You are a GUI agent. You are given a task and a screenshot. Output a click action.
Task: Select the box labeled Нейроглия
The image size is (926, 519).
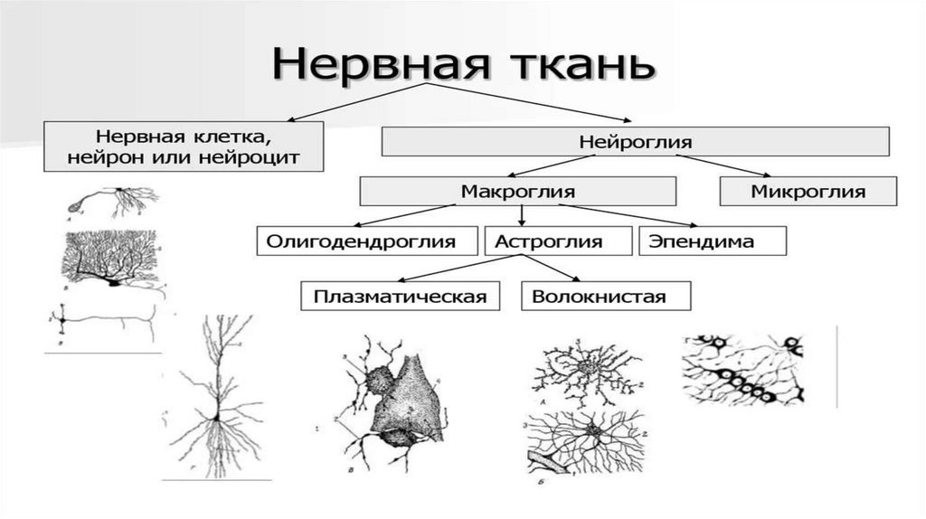pyautogui.click(x=635, y=142)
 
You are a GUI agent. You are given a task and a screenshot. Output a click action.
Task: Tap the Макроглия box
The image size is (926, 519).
pyautogui.click(x=518, y=191)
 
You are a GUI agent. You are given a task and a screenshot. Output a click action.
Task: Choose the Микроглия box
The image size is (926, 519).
pyautogui.click(x=808, y=191)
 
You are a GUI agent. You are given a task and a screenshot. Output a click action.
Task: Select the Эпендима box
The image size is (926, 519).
pyautogui.click(x=712, y=241)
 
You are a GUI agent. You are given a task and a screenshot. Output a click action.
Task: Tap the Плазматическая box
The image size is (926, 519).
pyautogui.click(x=401, y=296)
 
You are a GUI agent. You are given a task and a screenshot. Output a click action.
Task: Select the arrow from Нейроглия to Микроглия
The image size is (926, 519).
pyautogui.click(x=732, y=165)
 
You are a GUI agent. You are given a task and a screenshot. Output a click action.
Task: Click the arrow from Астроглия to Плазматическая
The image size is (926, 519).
pyautogui.click(x=452, y=269)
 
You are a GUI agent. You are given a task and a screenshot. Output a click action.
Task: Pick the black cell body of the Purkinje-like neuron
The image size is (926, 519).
pyautogui.click(x=113, y=281)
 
